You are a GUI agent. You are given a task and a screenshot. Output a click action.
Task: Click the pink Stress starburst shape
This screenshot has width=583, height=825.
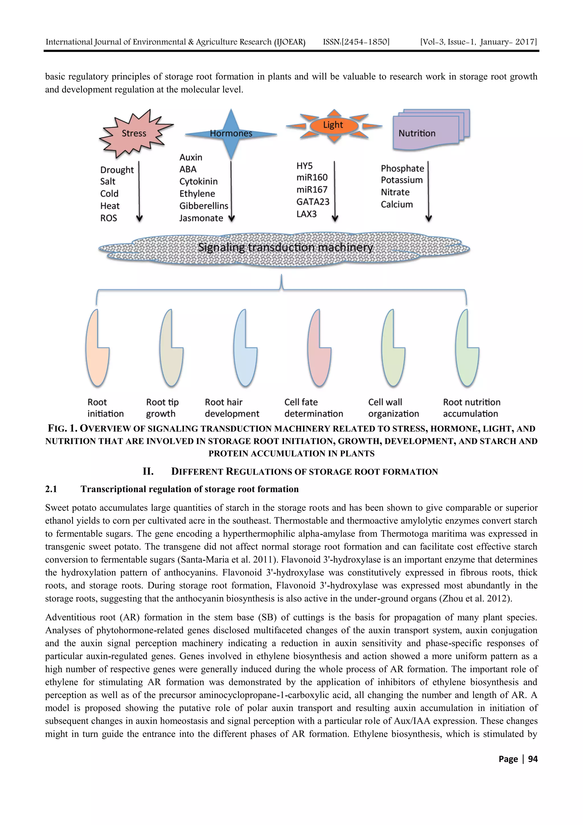click(134, 133)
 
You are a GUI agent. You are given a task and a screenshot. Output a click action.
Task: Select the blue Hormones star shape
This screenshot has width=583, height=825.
click(231, 134)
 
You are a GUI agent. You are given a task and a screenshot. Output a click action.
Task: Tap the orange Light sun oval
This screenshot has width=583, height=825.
click(333, 125)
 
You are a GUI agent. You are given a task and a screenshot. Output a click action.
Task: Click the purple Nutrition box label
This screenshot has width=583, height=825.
click(417, 133)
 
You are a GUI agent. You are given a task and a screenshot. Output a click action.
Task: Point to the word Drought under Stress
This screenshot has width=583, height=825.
click(117, 170)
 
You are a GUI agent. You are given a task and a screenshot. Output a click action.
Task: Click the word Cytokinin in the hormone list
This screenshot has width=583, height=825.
click(198, 181)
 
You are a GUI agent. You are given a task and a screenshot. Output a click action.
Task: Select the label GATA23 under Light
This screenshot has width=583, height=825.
click(313, 202)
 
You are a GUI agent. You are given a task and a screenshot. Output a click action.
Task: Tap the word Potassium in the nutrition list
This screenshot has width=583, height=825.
click(402, 180)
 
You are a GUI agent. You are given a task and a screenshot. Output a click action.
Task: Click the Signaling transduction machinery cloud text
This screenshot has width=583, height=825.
click(286, 247)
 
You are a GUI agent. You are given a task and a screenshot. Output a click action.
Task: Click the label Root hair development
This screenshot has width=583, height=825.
click(232, 408)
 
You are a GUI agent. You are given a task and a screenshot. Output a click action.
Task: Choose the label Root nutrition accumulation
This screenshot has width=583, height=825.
click(471, 408)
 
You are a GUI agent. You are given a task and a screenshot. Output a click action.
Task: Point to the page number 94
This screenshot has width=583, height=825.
click(533, 759)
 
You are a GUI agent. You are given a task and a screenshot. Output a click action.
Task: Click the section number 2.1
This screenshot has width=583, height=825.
click(51, 489)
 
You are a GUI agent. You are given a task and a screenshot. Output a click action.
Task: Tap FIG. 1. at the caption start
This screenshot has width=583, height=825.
click(63, 428)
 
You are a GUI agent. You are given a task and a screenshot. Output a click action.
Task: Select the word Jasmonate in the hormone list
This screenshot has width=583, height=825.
click(201, 218)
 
